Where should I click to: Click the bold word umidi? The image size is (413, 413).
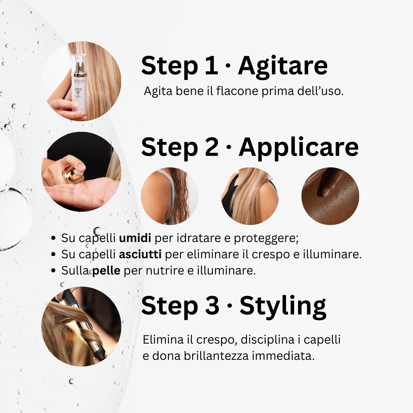pyautogui.click(x=135, y=238)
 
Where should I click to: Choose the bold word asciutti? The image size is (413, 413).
pyautogui.click(x=140, y=254)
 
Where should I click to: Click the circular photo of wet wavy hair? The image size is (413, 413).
pyautogui.click(x=170, y=196)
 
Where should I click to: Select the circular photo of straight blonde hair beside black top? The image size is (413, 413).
pyautogui.click(x=250, y=196)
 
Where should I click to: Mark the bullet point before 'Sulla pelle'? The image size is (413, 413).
pyautogui.click(x=54, y=271)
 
